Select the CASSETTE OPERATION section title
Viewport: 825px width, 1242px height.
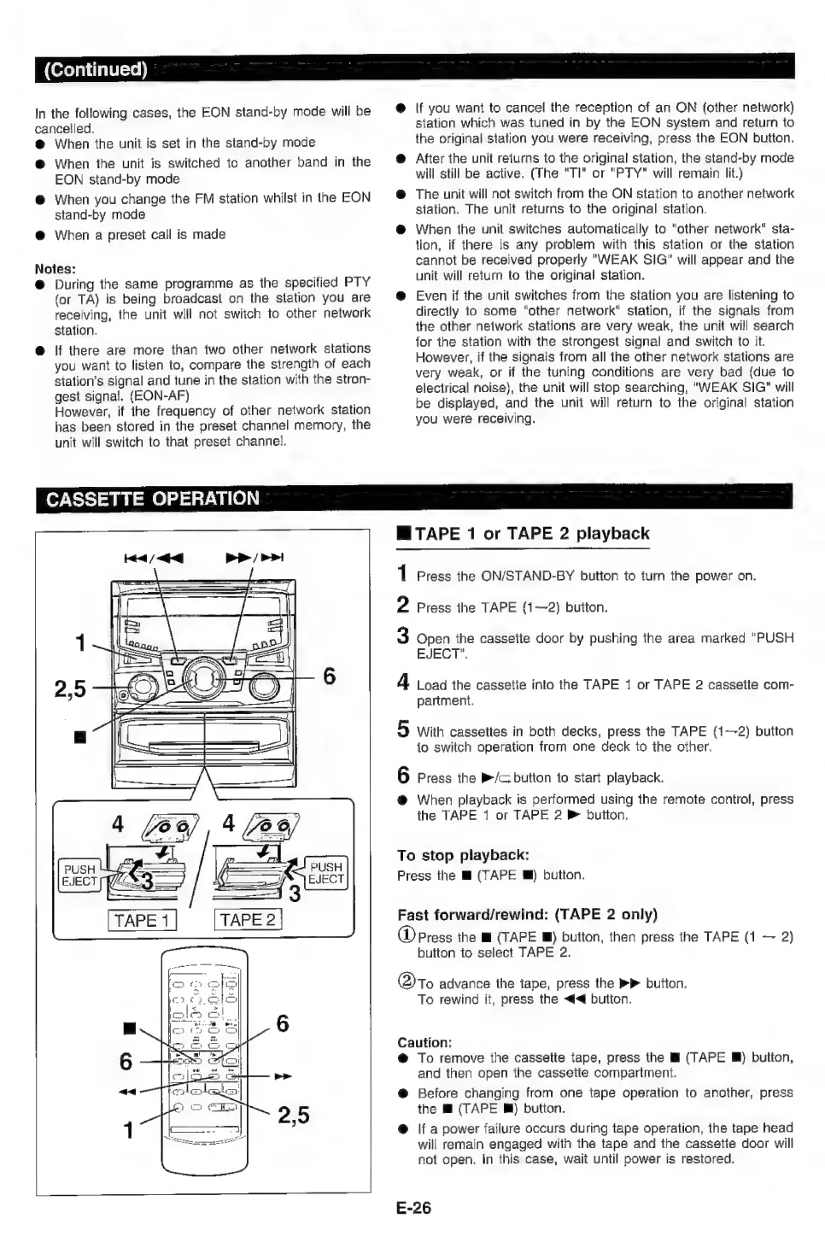[x=152, y=499]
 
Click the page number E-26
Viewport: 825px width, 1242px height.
[x=413, y=1208]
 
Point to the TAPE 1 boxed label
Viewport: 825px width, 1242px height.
[x=142, y=920]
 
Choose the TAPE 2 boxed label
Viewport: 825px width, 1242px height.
[x=248, y=920]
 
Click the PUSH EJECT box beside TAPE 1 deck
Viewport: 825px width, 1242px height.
[x=79, y=876]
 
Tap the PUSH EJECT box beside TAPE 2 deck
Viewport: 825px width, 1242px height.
[x=325, y=873]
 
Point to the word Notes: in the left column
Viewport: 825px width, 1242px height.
[x=56, y=267]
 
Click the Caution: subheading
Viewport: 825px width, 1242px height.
[x=424, y=1042]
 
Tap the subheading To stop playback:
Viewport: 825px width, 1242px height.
[x=463, y=855]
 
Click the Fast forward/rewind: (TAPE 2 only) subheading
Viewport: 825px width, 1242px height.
[x=527, y=915]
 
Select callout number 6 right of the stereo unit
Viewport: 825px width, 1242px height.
[x=328, y=677]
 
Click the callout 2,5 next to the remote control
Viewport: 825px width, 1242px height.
[x=293, y=1115]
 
